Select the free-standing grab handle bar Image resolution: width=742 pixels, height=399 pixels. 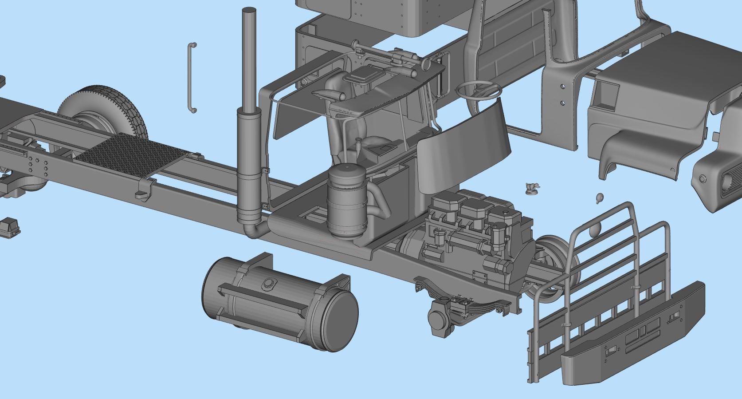point(192,78)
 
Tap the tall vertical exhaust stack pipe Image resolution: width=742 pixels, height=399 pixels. point(248,58)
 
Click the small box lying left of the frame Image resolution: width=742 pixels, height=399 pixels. point(10,227)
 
